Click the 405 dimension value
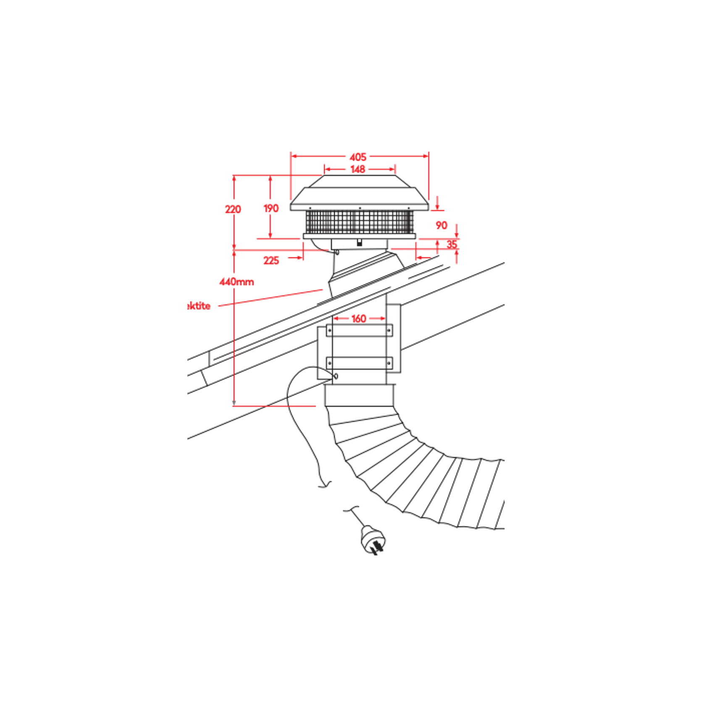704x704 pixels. pos(358,157)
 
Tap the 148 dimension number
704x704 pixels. pos(358,169)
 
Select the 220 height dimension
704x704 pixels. pos(233,209)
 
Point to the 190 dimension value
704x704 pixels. pos(271,208)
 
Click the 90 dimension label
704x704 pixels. pos(441,225)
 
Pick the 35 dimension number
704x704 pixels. pos(452,244)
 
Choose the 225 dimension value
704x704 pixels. pos(271,260)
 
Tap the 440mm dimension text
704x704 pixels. pos(236,281)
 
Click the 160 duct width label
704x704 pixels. pos(359,318)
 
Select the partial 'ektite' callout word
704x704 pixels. pos(198,306)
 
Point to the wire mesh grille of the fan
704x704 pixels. pos(359,222)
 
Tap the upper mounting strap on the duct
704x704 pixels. pos(359,331)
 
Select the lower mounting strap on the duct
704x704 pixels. pos(359,363)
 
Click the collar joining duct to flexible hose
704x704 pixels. pos(359,395)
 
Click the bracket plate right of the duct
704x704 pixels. pos(394,338)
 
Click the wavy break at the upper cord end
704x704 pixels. pos(325,485)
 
